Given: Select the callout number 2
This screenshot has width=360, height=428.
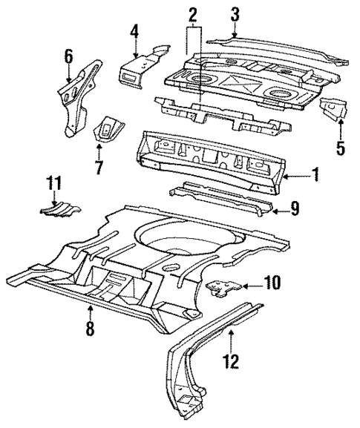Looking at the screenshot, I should [x=192, y=14].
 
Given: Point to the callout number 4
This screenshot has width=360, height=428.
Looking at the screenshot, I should [x=135, y=31].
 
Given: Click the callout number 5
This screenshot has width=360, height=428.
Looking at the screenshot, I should [x=340, y=148].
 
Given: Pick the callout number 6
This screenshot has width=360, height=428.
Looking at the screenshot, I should [x=68, y=55].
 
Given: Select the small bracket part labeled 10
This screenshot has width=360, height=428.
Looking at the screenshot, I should [x=223, y=286].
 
